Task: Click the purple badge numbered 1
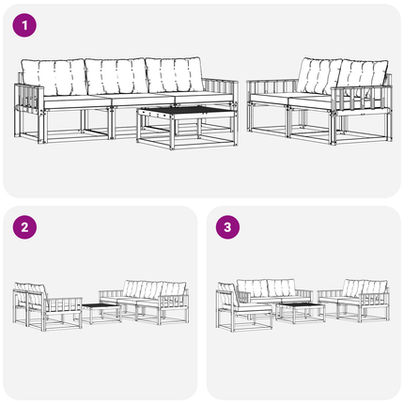point(24,25)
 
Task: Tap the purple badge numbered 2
point(24,227)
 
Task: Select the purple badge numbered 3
point(227,227)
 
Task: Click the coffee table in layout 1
point(187,127)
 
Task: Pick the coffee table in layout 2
point(101,313)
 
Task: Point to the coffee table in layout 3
point(301,313)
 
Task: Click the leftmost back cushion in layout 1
point(54,77)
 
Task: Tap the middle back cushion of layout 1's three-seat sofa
point(117,76)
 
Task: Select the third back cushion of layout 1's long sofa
point(174,74)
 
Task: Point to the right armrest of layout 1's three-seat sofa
point(220,90)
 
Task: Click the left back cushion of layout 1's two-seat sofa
point(319,75)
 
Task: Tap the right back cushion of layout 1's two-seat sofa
point(364,75)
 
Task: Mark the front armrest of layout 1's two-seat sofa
point(361,101)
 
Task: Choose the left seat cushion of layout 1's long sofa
point(78,101)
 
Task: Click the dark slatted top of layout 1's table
point(187,110)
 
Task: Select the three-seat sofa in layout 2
point(144,302)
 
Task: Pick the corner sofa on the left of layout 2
point(47,306)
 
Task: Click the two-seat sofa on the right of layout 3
point(354,301)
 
